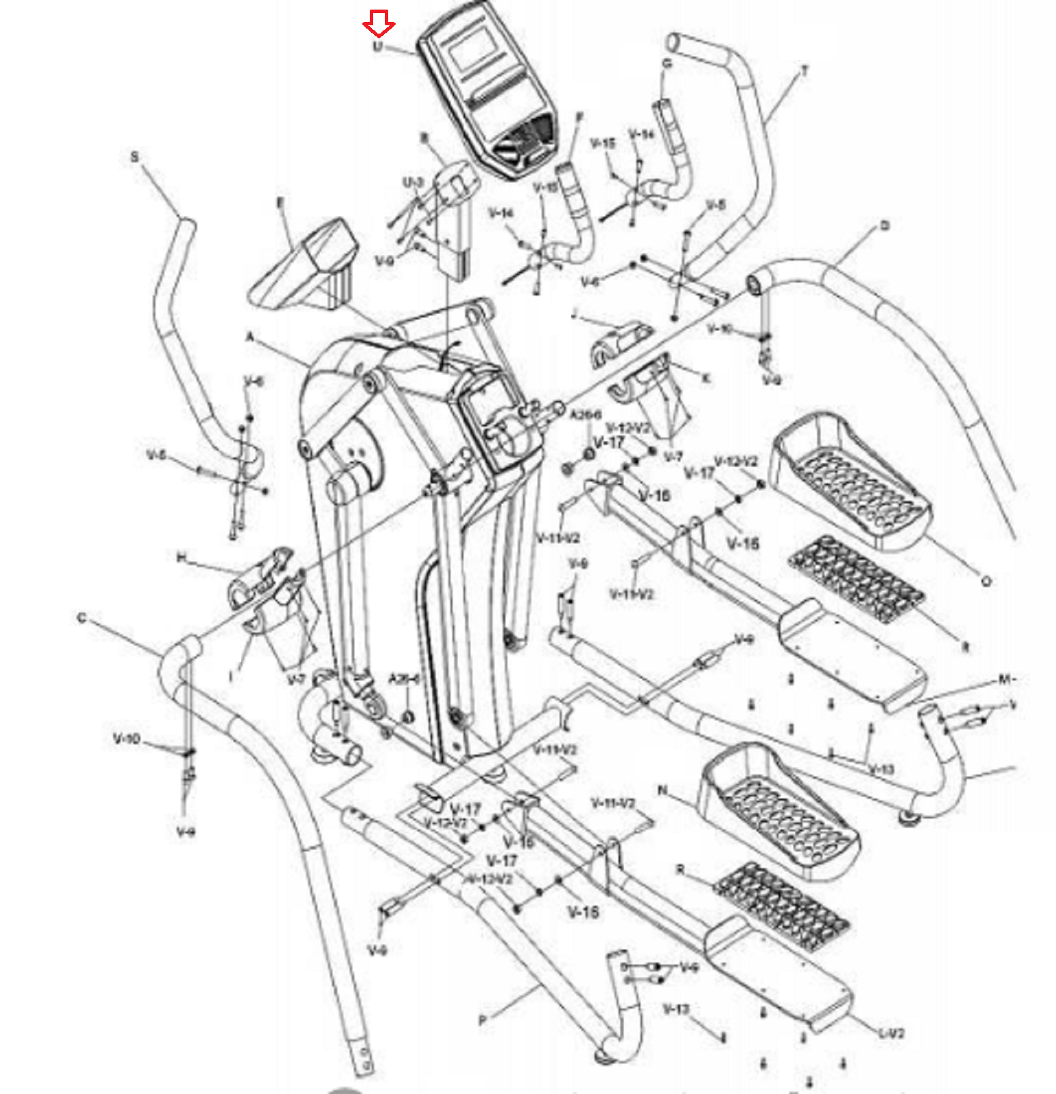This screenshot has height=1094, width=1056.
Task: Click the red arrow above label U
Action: (378, 24)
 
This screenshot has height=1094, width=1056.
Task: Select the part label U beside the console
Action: (377, 46)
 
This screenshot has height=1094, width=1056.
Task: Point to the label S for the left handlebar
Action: (134, 157)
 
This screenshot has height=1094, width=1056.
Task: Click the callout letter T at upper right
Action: (805, 70)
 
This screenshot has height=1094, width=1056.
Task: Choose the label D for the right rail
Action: (884, 226)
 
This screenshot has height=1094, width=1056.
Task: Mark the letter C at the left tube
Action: (82, 618)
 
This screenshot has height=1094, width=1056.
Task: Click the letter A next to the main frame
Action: (250, 337)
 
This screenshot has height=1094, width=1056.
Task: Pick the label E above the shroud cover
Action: (280, 202)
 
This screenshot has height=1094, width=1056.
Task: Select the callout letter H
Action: (181, 558)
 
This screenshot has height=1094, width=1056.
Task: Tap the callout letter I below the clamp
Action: (232, 677)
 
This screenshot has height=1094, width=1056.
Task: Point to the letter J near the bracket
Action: (575, 314)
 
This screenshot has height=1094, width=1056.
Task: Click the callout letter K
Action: (706, 377)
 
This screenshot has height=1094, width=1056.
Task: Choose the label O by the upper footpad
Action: (986, 581)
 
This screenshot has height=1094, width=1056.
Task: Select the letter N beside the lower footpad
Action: (662, 790)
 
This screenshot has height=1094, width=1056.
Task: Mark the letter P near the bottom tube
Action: (483, 1020)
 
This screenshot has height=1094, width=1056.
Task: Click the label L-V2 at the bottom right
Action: (891, 1033)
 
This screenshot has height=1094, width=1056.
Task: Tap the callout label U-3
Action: (413, 183)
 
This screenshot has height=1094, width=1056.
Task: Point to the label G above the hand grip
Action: (667, 64)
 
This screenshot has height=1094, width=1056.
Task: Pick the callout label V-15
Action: (602, 143)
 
